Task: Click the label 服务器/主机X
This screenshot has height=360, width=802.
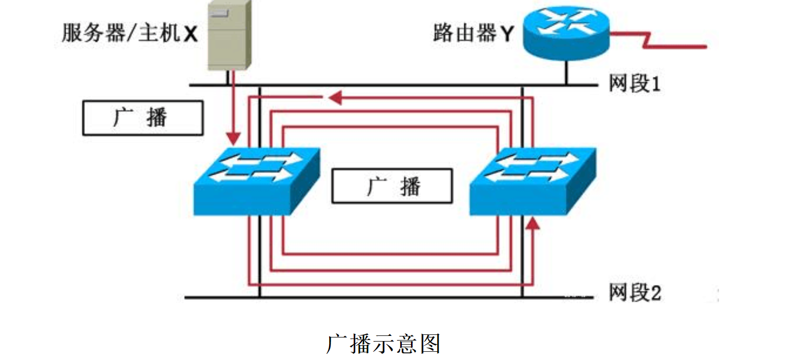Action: coord(129,34)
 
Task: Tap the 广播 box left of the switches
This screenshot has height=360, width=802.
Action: coord(143,118)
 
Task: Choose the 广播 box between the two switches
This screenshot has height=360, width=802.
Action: coord(392,186)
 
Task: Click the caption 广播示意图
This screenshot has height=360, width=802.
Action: coord(383,344)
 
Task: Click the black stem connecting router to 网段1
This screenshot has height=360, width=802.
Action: coord(566,72)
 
